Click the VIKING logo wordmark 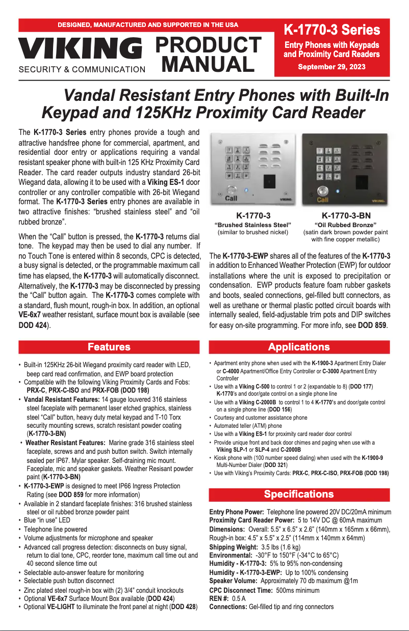[x=81, y=49]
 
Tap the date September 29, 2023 [x=331, y=67]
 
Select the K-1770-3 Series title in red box [x=331, y=30]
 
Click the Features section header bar [x=109, y=347]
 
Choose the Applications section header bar [x=299, y=347]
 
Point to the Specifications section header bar [x=299, y=494]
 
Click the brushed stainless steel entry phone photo [x=253, y=169]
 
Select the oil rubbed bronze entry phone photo [x=345, y=169]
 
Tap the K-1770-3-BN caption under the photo [x=346, y=215]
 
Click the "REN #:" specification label [x=219, y=598]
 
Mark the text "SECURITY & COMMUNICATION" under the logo [x=82, y=70]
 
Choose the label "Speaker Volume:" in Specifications [x=234, y=581]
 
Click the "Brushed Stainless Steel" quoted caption [x=253, y=225]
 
